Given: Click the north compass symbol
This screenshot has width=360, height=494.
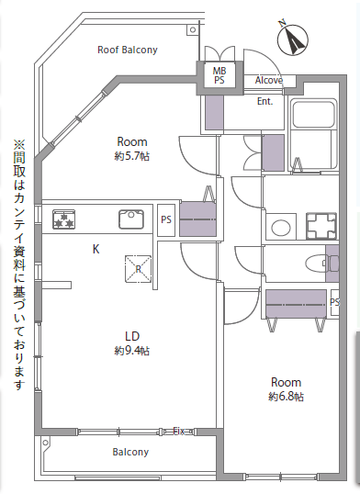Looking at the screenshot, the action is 293,39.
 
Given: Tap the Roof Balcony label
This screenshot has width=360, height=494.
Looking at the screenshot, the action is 128,50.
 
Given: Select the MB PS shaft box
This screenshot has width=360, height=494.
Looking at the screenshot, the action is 219,75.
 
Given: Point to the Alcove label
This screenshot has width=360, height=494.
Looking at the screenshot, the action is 269,80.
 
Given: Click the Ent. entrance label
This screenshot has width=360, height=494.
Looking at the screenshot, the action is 264,101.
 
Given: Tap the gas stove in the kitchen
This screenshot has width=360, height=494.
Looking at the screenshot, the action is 64,219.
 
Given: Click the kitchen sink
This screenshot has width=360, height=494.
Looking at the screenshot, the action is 131,219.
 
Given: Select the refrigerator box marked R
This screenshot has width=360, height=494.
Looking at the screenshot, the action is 138,269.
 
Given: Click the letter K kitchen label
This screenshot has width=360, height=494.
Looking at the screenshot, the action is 96,249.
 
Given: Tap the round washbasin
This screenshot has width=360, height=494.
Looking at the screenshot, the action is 281,227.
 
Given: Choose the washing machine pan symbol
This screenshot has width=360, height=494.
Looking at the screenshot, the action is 321,226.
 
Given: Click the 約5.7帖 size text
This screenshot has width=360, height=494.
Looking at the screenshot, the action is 131,156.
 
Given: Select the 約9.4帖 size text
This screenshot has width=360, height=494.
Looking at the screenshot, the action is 131,351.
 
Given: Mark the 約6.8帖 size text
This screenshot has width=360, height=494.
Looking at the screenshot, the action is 286,397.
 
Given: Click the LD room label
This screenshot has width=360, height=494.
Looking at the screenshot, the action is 132,336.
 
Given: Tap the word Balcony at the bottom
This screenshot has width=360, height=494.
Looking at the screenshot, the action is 130,452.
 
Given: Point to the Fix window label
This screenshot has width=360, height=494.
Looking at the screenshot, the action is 179,431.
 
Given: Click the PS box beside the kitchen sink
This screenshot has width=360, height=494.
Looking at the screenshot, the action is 166,220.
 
